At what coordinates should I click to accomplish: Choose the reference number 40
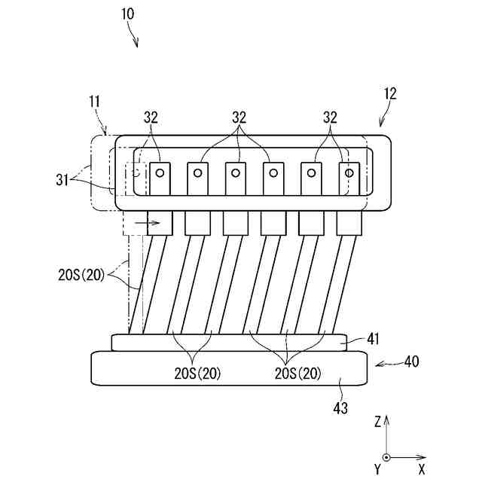[411, 361]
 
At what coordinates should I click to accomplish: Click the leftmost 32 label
[151, 117]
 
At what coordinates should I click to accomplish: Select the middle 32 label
[239, 117]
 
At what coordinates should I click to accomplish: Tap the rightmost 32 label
[330, 117]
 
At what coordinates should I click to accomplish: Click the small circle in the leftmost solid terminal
[160, 172]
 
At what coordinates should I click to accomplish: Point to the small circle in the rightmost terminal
[349, 172]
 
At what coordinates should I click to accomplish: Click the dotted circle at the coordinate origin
[386, 457]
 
